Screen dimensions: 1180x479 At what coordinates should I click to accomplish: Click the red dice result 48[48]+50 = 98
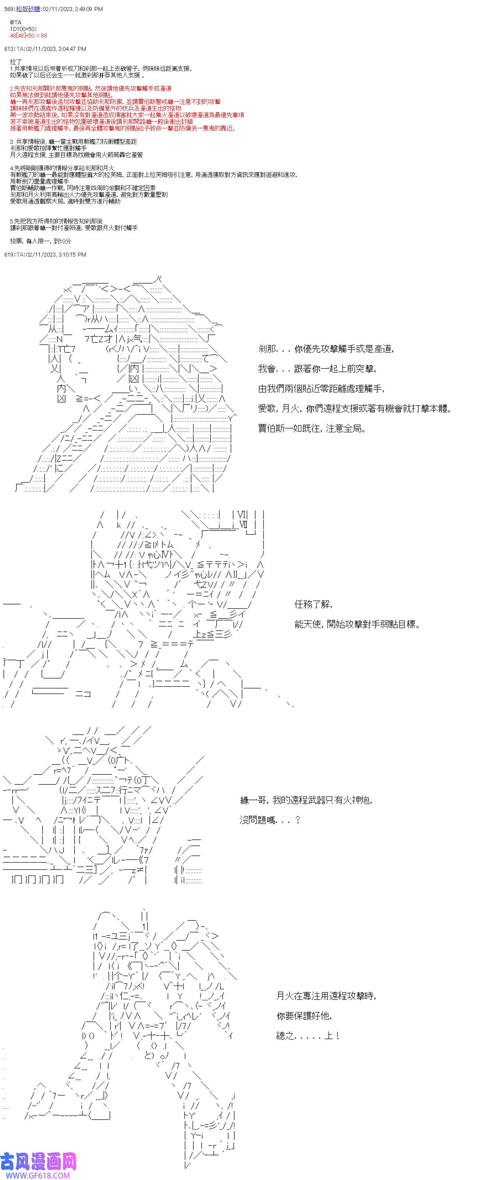tap(28, 36)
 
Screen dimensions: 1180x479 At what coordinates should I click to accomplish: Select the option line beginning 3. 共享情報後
tap(73, 142)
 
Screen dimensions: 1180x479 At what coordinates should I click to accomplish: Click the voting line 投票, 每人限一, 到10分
tap(40, 241)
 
